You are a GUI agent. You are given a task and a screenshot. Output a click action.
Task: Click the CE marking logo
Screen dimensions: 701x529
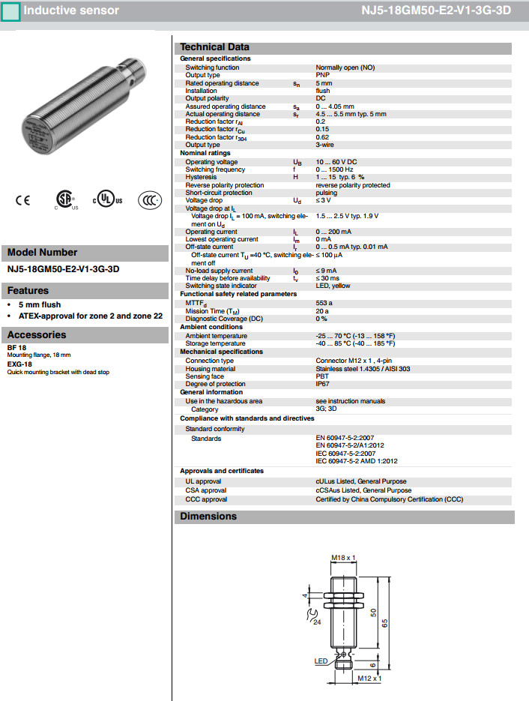tap(22, 200)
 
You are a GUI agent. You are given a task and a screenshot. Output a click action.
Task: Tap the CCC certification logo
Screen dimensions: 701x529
tap(150, 200)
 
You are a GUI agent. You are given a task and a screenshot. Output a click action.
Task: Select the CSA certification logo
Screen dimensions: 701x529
tap(65, 199)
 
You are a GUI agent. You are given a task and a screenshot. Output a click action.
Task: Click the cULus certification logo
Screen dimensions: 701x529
tap(107, 200)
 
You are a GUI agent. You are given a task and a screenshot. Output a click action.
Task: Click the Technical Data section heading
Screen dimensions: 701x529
tap(214, 47)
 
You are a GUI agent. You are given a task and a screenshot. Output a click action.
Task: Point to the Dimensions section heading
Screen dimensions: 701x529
tap(208, 517)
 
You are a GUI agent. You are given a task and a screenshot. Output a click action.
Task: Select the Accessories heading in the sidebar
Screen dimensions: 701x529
tap(37, 335)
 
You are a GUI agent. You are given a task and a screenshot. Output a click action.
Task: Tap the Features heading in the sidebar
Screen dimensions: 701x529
tap(28, 291)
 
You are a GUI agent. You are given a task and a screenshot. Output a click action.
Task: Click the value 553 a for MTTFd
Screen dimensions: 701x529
tap(324, 303)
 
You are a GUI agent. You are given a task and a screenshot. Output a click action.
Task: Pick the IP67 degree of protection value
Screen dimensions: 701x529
tap(323, 385)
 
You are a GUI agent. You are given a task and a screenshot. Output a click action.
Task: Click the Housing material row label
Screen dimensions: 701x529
tap(210, 369)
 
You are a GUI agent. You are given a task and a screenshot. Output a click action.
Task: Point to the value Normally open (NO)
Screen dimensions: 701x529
tap(345, 67)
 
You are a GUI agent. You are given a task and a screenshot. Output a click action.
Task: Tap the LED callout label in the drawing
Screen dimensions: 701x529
tap(321, 661)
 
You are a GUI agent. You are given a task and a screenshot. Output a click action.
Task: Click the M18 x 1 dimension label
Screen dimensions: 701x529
tap(343, 558)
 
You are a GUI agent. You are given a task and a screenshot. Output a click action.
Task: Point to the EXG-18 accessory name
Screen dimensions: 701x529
tap(17, 366)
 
